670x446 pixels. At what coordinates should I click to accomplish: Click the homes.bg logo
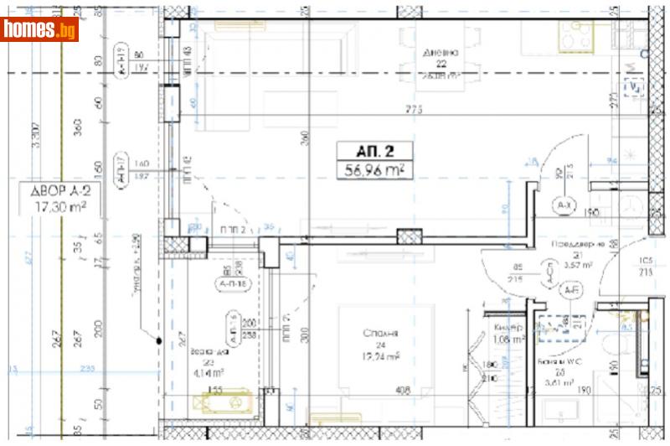tap(39, 29)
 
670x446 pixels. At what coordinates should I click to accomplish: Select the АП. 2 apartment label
tap(375, 152)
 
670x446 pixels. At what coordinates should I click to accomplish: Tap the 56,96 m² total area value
tap(375, 171)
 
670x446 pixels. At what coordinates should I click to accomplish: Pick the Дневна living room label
tap(440, 52)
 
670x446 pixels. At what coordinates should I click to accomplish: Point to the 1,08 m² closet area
tap(509, 340)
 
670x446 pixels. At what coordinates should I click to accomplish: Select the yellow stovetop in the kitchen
tap(575, 35)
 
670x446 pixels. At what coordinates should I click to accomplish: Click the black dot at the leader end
tap(158, 340)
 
